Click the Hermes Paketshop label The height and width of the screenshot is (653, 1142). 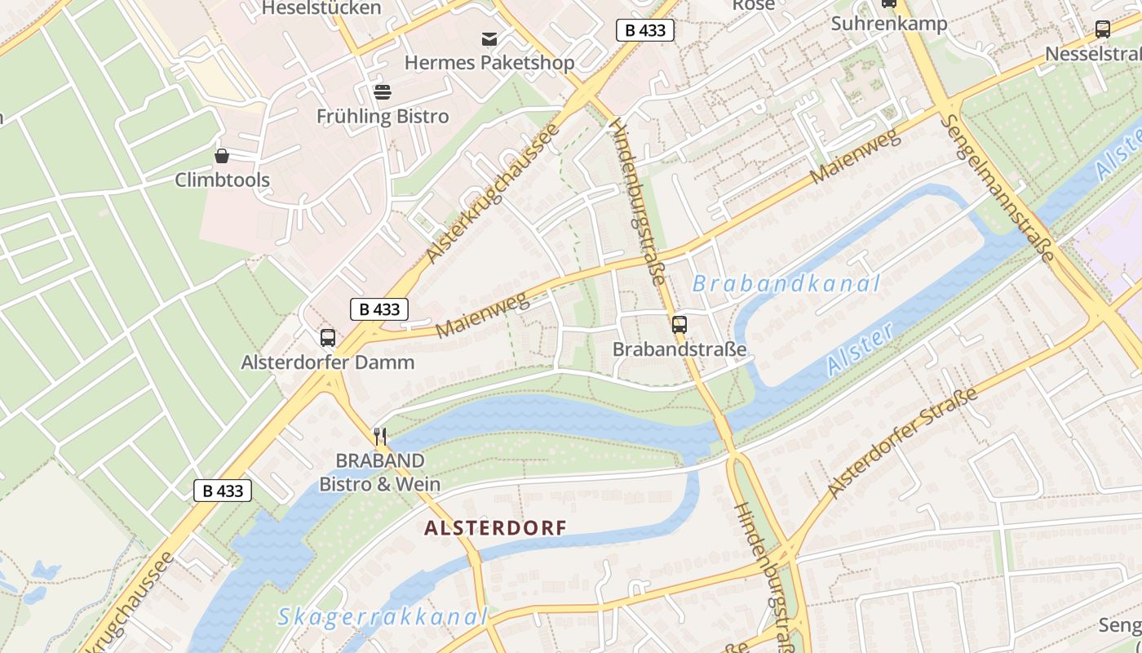(x=489, y=63)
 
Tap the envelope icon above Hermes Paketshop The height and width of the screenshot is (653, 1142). (x=489, y=38)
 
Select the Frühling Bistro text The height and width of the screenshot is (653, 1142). (x=383, y=117)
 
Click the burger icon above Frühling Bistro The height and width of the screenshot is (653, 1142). (x=382, y=91)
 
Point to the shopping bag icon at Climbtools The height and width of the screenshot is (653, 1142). (x=221, y=155)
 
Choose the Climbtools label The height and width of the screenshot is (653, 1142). (x=222, y=180)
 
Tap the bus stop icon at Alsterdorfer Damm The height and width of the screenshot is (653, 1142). (x=328, y=337)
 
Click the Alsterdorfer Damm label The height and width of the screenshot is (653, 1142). (x=328, y=362)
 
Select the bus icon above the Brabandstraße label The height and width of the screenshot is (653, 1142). (x=679, y=324)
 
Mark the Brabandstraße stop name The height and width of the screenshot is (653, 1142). (x=679, y=349)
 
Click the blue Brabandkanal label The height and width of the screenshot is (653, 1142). (x=786, y=284)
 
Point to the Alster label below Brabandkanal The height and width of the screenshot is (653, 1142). (x=861, y=349)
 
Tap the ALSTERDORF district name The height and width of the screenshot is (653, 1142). (x=495, y=528)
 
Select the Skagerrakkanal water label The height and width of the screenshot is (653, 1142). (x=382, y=617)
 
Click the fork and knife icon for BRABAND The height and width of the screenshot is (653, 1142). (x=379, y=436)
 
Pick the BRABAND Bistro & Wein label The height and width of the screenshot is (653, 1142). (x=379, y=473)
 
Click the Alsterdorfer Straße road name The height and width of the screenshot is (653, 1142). (x=902, y=443)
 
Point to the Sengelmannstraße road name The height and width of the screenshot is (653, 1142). (x=998, y=188)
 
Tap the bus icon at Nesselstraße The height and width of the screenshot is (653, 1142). (x=1103, y=30)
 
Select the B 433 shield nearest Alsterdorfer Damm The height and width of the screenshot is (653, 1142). (x=379, y=309)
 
